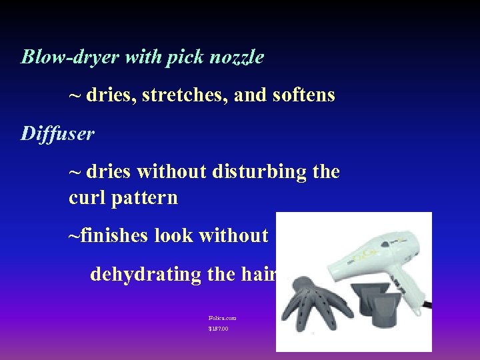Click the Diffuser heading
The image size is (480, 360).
tap(58, 134)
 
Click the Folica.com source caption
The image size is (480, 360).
tap(222, 318)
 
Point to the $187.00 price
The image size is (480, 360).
tap(218, 329)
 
